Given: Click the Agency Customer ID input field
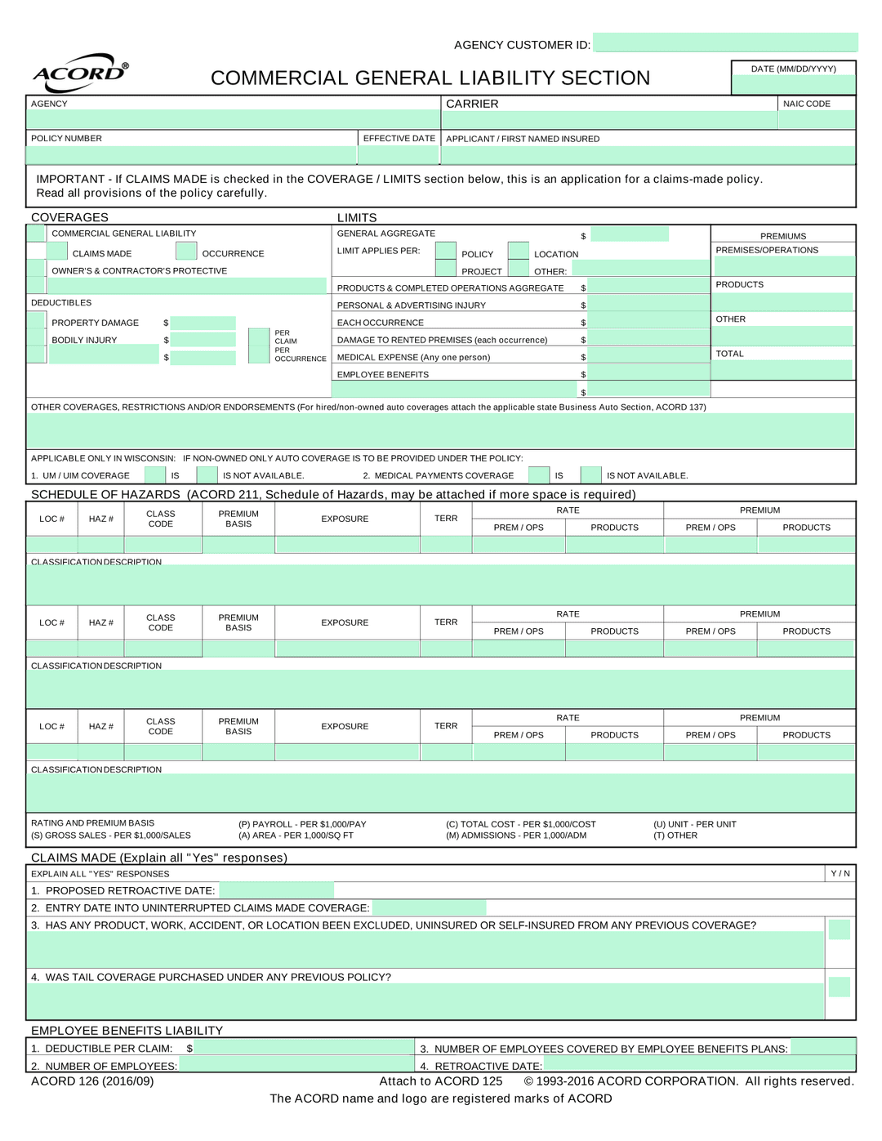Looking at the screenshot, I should [x=725, y=42].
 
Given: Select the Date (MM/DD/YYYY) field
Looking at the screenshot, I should [x=793, y=84].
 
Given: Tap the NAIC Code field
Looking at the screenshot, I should [x=816, y=119].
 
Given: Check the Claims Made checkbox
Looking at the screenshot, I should [x=57, y=251].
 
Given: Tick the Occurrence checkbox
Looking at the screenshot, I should [x=186, y=251].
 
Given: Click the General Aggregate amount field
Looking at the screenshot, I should [x=630, y=234].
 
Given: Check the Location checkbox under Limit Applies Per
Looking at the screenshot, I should [x=519, y=251].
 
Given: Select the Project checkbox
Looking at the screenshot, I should [x=446, y=268].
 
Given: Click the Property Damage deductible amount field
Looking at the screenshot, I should [x=203, y=323].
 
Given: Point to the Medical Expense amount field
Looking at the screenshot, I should [x=648, y=355].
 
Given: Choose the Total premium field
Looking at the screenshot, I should [x=782, y=370].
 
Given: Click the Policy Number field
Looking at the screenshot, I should [x=191, y=154].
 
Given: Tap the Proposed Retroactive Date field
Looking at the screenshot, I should [x=276, y=890].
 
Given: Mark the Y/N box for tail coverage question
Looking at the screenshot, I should [x=839, y=987].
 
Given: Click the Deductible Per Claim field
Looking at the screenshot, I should [x=304, y=1047].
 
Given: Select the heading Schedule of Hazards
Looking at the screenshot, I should [x=105, y=494].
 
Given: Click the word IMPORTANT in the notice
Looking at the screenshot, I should [x=70, y=179].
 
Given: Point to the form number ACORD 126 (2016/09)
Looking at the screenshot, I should [x=92, y=1081].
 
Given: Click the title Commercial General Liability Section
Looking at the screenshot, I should [x=430, y=78].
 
